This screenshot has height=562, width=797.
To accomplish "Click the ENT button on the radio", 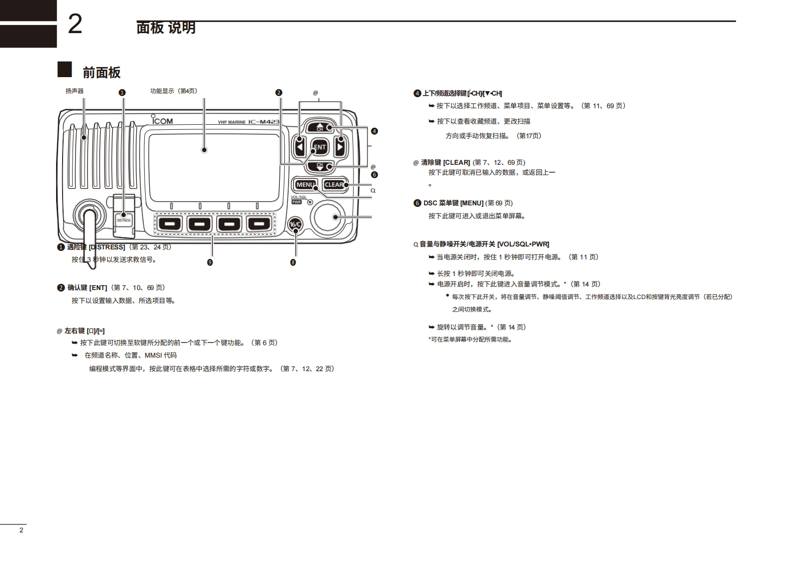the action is [319, 147].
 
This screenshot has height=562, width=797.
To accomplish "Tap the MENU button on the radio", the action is [305, 185].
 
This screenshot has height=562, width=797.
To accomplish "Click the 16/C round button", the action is [295, 224].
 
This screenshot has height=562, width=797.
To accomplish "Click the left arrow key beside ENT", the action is [300, 147].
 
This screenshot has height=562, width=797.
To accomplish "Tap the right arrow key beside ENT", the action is [339, 147].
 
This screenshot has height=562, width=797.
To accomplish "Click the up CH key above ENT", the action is [320, 127].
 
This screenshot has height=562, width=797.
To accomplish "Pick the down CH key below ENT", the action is [320, 166].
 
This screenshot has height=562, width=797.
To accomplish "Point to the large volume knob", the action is [328, 216].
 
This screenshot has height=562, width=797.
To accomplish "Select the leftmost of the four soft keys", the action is [170, 223].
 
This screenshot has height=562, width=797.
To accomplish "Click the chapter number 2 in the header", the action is [75, 24].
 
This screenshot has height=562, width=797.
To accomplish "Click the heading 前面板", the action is [102, 73].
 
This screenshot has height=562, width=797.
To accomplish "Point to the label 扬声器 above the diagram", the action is [75, 91].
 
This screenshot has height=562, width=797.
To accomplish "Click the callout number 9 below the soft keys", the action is [210, 262].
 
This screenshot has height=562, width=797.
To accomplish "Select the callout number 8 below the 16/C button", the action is [293, 262].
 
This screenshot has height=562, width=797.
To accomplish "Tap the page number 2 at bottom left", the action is [21, 530].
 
